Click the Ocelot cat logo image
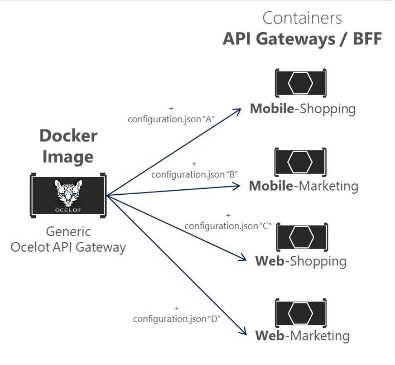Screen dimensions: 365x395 (x=68, y=195)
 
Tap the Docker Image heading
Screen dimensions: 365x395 (x=68, y=146)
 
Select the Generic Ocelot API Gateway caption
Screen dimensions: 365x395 (x=68, y=240)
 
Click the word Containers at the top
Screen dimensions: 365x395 (x=302, y=18)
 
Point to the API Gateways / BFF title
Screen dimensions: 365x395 (x=302, y=39)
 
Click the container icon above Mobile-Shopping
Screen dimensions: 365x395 (x=301, y=83)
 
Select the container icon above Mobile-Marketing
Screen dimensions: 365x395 (x=300, y=162)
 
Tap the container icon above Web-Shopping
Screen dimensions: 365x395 (x=302, y=237)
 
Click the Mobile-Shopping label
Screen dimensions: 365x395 (x=303, y=109)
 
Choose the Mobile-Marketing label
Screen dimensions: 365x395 (x=303, y=186)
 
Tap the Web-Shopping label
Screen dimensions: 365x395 (x=301, y=261)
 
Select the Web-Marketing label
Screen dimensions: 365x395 (x=302, y=336)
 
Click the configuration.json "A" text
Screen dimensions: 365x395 (x=171, y=119)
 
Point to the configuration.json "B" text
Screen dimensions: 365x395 (x=195, y=174)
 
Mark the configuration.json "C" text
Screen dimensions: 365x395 (x=228, y=226)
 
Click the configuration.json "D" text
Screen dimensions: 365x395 (x=176, y=319)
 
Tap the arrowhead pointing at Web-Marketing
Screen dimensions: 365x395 (x=243, y=331)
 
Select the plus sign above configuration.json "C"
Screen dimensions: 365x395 (x=228, y=216)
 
